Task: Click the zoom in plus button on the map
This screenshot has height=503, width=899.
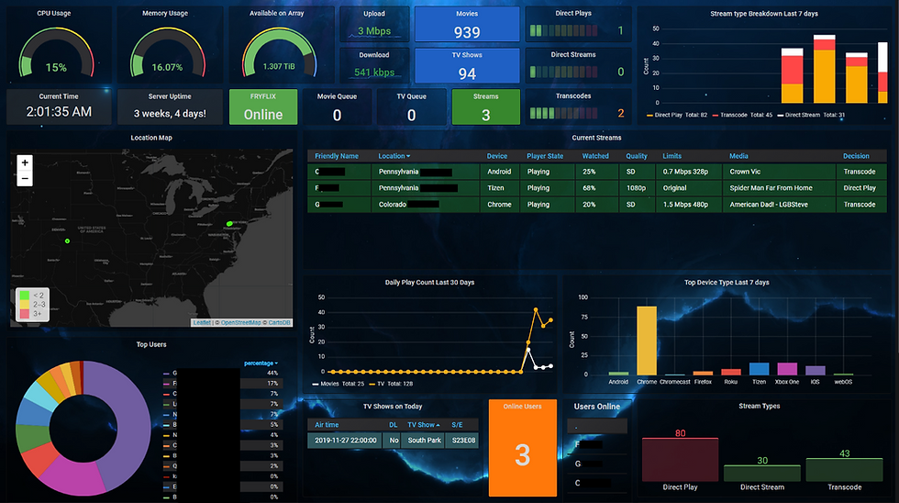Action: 25,162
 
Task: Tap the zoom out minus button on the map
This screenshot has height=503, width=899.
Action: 25,178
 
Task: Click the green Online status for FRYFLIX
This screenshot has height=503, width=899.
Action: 263,115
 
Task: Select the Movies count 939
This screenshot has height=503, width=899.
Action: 467,32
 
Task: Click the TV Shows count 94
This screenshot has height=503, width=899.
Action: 467,73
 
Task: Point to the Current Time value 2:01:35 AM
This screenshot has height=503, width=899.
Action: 59,112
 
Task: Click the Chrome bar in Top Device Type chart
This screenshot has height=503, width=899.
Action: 647,340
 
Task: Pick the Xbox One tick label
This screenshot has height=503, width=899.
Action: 787,381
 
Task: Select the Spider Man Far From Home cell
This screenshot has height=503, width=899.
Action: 771,187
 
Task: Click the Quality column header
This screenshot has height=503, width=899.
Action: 636,156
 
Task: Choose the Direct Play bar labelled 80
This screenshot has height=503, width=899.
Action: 680,459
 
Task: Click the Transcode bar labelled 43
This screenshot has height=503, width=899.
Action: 843,469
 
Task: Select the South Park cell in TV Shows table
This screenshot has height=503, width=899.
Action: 424,441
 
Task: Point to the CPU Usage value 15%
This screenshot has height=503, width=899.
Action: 56,67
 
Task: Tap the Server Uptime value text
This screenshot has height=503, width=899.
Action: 170,114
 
